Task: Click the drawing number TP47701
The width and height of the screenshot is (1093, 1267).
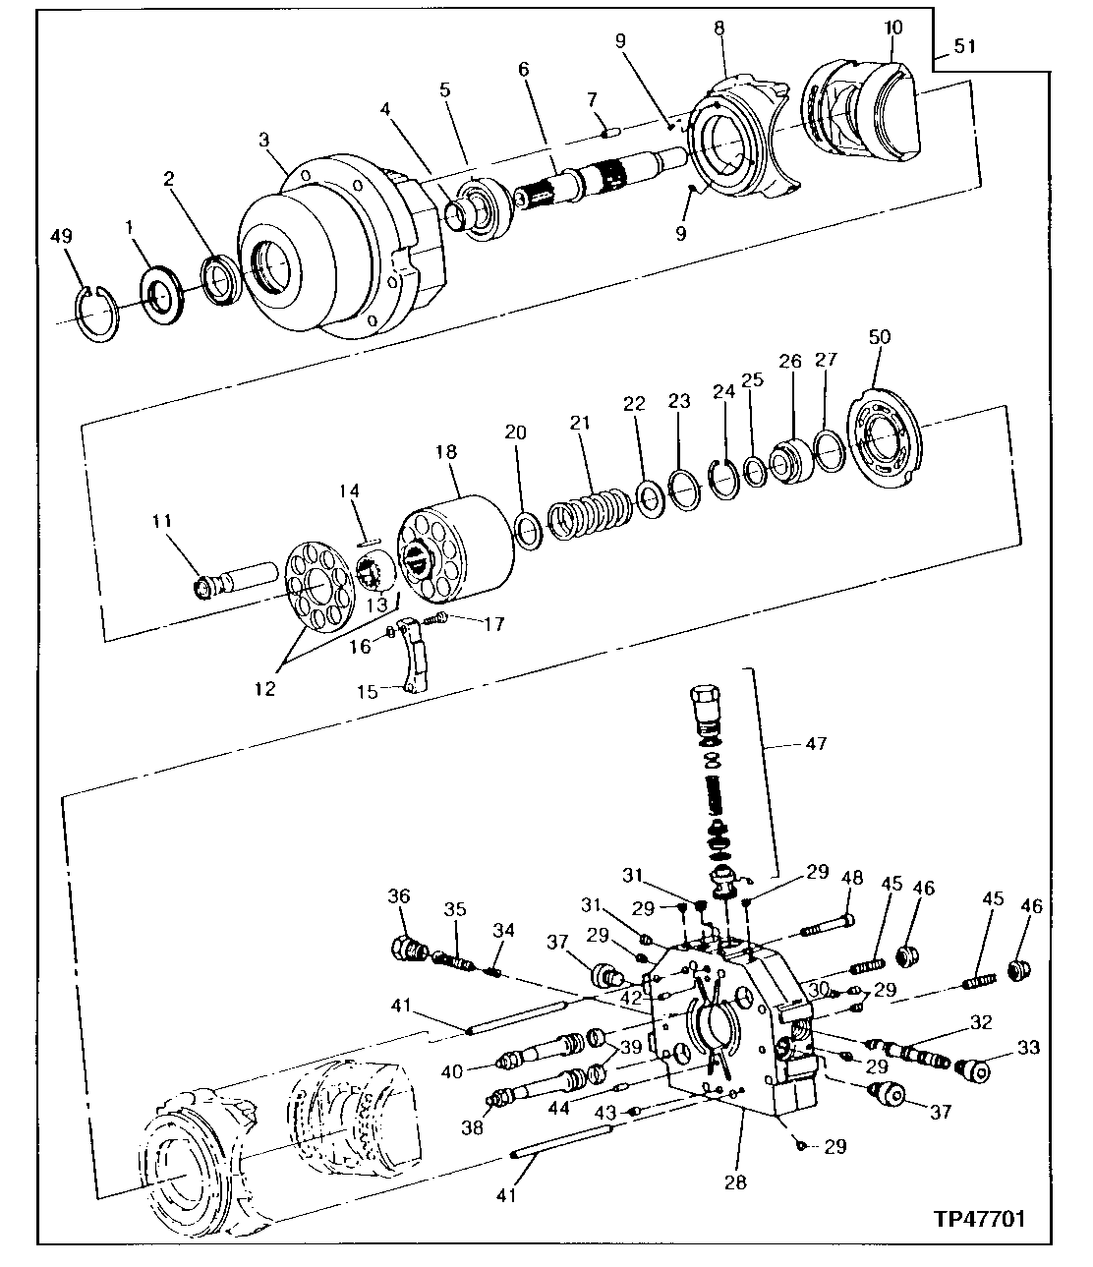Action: click(x=979, y=1219)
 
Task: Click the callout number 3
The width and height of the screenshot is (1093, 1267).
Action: click(x=264, y=140)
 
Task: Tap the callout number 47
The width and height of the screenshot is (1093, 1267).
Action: click(x=815, y=744)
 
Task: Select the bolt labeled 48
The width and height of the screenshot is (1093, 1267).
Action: click(x=828, y=925)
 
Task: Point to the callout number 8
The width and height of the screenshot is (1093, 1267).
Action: click(x=719, y=29)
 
